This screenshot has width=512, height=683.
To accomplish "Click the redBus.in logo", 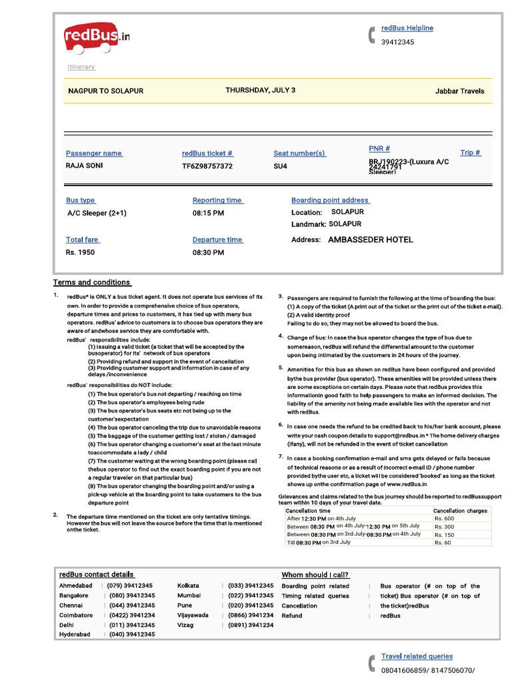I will [96, 37].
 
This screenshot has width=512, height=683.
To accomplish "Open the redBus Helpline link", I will [407, 28].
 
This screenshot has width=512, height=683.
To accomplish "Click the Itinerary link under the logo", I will [81, 67].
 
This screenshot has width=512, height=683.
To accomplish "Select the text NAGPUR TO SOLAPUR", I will [105, 91].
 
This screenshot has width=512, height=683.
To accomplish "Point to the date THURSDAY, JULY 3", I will [260, 90].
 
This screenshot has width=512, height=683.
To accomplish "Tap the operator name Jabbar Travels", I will [459, 91].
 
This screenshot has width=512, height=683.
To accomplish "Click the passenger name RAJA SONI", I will [84, 165].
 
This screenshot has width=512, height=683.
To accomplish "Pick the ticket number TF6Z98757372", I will [207, 166].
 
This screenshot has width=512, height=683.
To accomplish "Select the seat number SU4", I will [280, 166].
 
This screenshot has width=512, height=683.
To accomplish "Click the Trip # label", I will [470, 153].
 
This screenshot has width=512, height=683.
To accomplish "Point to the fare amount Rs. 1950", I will [80, 252].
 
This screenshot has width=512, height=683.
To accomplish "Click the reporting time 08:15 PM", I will [208, 213].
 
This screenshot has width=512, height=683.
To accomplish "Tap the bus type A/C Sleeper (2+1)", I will [97, 213].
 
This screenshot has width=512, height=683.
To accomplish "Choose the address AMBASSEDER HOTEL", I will [371, 239].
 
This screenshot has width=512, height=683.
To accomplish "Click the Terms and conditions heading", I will [92, 282].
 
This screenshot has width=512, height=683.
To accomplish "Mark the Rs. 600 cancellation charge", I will [444, 518].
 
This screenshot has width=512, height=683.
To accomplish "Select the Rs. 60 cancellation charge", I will [442, 542].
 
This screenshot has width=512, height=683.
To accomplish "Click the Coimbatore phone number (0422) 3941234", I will [131, 615].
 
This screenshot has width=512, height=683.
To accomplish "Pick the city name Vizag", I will [185, 625].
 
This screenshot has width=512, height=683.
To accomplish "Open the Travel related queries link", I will [417, 656].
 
